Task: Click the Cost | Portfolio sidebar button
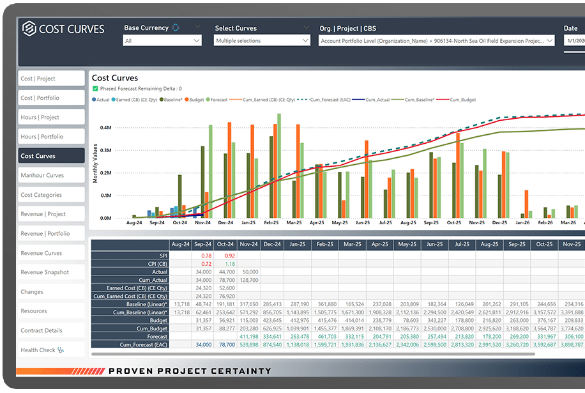[51, 98]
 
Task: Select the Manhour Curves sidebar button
[51, 175]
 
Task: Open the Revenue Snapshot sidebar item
[51, 272]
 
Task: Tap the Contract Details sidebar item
[51, 330]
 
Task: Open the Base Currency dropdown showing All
[162, 41]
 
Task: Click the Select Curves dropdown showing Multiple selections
[262, 41]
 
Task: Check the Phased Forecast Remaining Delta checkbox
[96, 89]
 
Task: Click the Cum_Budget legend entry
[463, 100]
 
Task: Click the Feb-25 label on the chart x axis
[271, 223]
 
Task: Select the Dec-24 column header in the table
[272, 245]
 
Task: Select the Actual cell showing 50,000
[250, 272]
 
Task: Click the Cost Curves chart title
[115, 78]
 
